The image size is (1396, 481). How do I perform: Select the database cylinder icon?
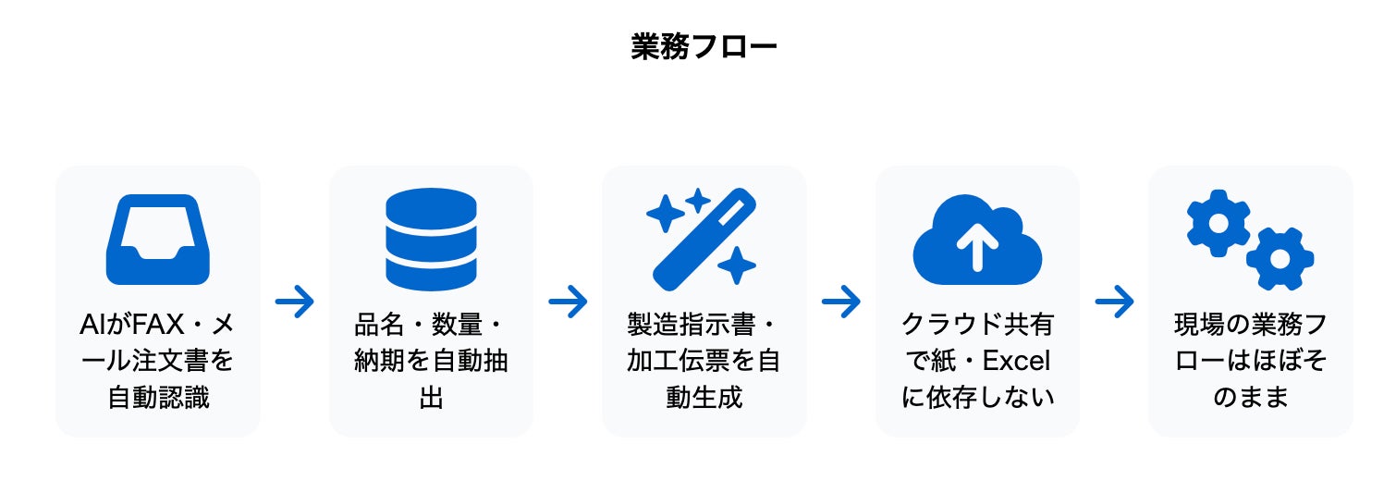431,240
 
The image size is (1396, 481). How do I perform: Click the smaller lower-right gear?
1280,258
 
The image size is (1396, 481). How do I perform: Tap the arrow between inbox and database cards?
295,302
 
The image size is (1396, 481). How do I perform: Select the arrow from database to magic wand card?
568,302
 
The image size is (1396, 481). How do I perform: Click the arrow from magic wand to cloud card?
840,302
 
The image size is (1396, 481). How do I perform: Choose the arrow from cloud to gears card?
1114,302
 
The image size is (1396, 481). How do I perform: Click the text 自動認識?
158,398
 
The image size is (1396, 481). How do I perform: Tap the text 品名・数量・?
431,326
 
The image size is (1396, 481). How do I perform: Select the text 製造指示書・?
704,326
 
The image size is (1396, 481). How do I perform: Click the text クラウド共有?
977,326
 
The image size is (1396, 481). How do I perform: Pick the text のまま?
1250,398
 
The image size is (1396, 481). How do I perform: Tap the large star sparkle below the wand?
737,265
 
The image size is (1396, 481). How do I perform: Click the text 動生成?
704,398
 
